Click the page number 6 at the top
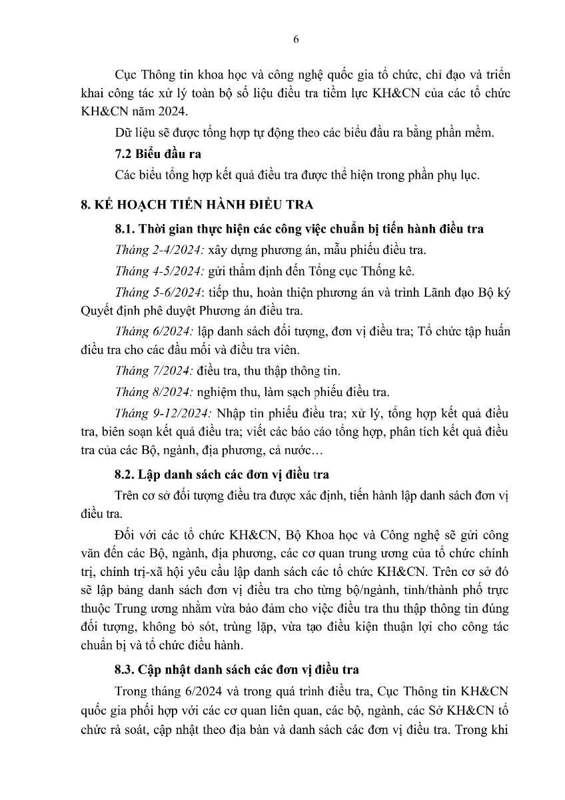coord(296,39)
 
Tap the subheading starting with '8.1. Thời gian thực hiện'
coord(299,229)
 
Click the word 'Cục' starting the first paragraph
coord(125,74)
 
